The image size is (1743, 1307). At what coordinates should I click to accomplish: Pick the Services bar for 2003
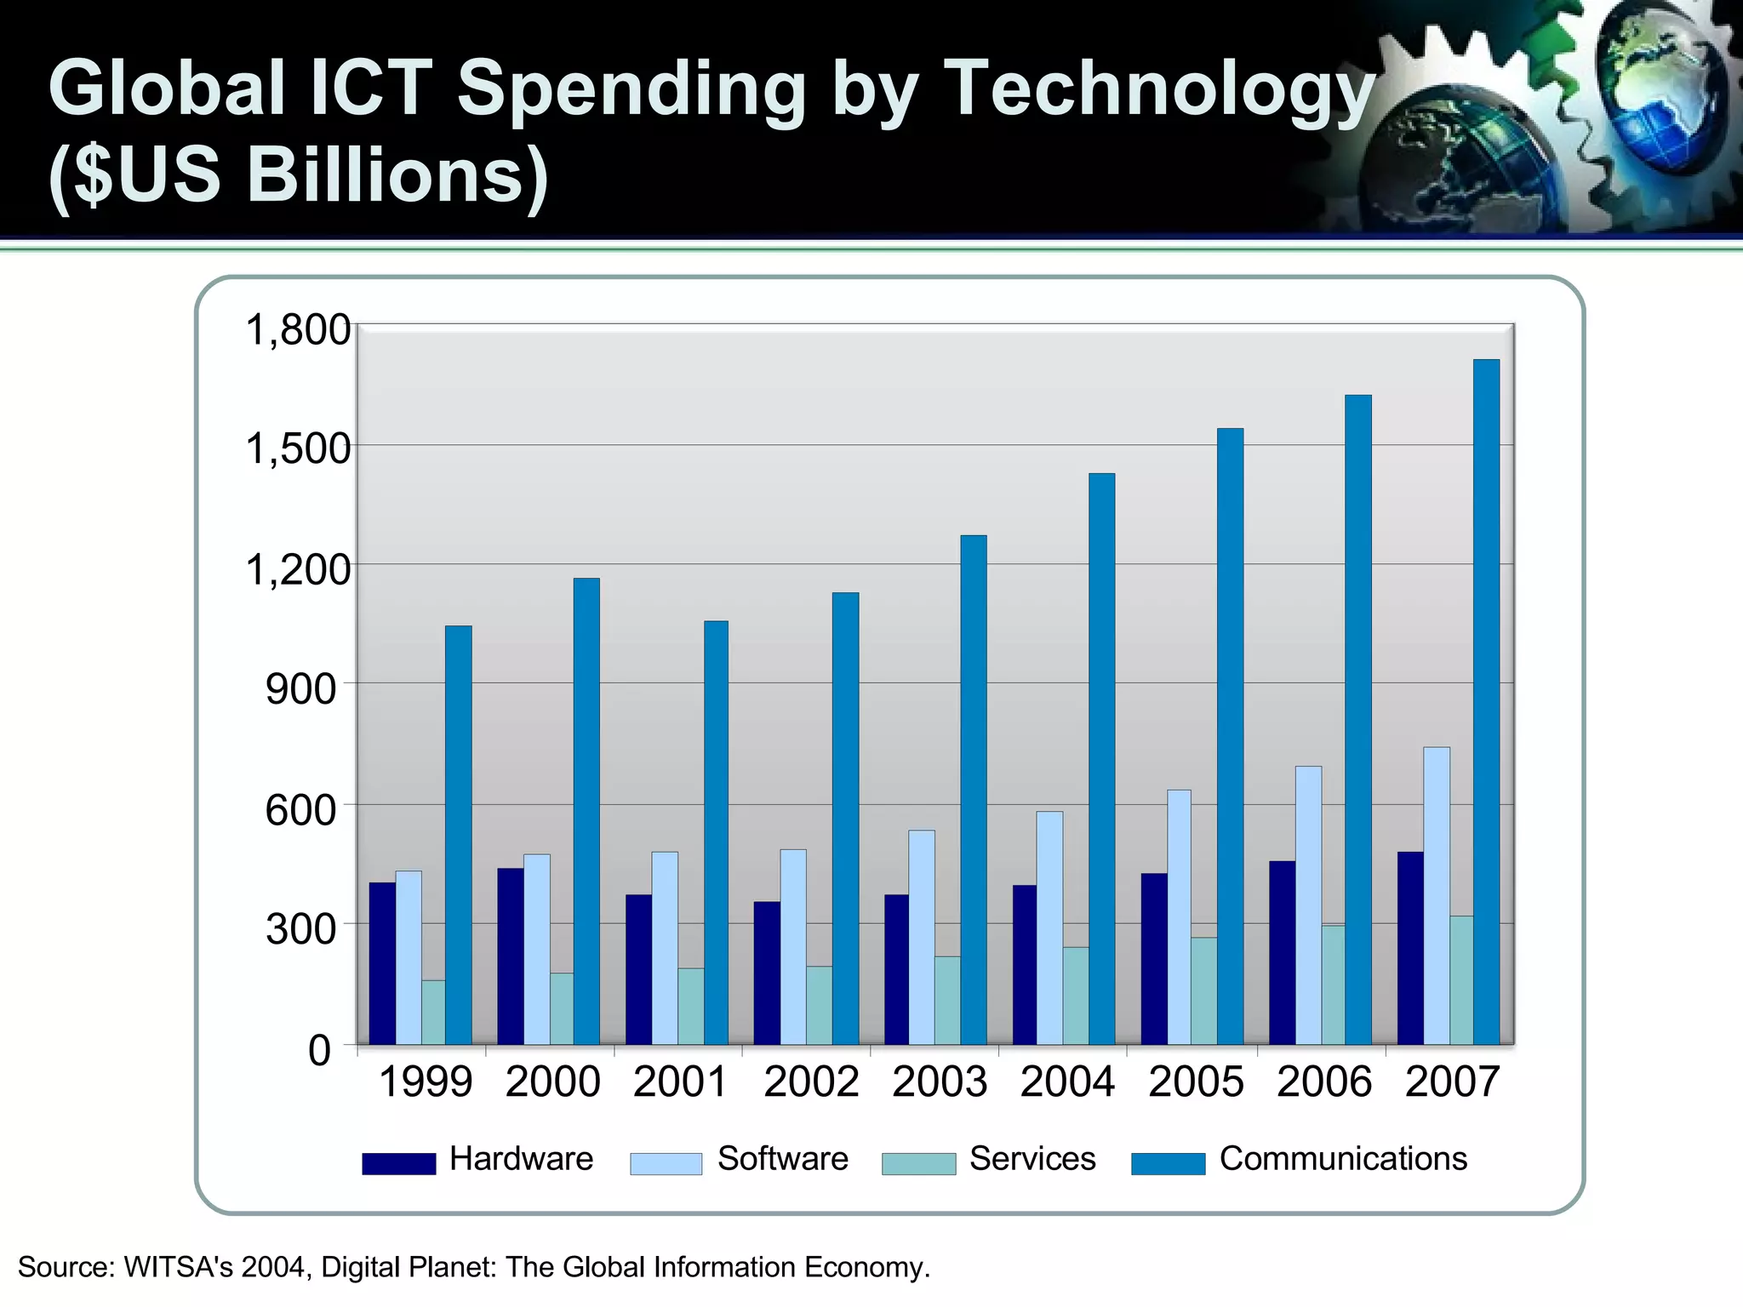[x=947, y=1000]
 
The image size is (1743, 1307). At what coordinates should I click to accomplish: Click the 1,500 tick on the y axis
[x=297, y=448]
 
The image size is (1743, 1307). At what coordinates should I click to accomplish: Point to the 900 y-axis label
[x=301, y=688]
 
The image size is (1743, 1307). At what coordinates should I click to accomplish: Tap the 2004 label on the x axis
[x=1067, y=1082]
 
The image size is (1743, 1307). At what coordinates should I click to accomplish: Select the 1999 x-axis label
[x=425, y=1082]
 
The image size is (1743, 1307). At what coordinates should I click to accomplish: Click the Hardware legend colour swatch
[x=398, y=1163]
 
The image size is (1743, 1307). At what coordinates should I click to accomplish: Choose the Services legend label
[x=1032, y=1159]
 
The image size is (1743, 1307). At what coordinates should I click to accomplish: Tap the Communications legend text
[x=1343, y=1159]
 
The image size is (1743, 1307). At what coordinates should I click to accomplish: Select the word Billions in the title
[x=396, y=174]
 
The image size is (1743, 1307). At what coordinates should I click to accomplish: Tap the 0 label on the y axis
[x=319, y=1051]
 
